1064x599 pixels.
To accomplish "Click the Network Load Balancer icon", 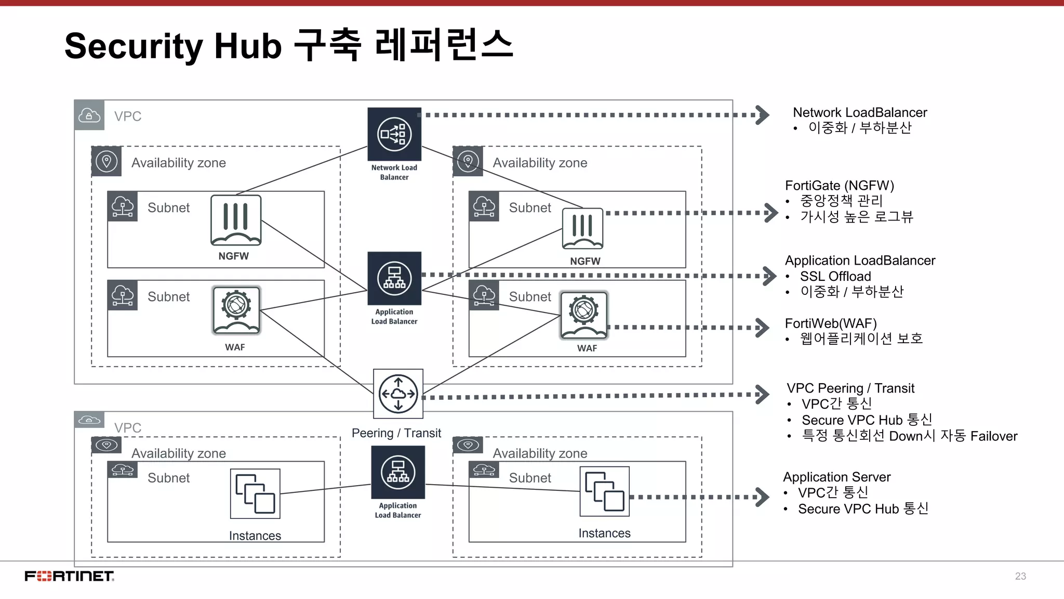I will click(x=394, y=134).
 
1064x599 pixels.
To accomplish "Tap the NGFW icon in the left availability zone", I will click(x=236, y=220).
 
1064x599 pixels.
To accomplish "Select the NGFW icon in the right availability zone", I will click(x=582, y=229).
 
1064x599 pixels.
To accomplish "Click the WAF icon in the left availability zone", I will click(x=236, y=310).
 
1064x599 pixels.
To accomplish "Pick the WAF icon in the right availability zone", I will click(x=583, y=315).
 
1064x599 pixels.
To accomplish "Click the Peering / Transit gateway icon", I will click(x=398, y=394).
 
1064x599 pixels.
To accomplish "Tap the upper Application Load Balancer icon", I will click(x=394, y=278).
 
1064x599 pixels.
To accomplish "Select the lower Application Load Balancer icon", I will click(x=398, y=472).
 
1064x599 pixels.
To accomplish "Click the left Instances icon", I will click(x=255, y=493).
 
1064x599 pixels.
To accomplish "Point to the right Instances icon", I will click(x=604, y=491).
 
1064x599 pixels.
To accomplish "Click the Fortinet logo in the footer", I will click(x=69, y=576).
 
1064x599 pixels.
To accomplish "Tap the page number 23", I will click(x=1020, y=576).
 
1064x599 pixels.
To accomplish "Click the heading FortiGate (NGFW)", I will click(x=839, y=186).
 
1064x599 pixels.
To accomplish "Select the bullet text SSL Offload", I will click(x=835, y=276).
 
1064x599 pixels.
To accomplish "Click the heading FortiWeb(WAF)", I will click(x=830, y=323).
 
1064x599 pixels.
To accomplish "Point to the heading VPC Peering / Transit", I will click(x=850, y=388).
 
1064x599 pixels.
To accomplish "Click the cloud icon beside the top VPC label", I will click(x=89, y=115).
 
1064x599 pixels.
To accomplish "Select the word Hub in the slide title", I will click(x=248, y=46).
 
